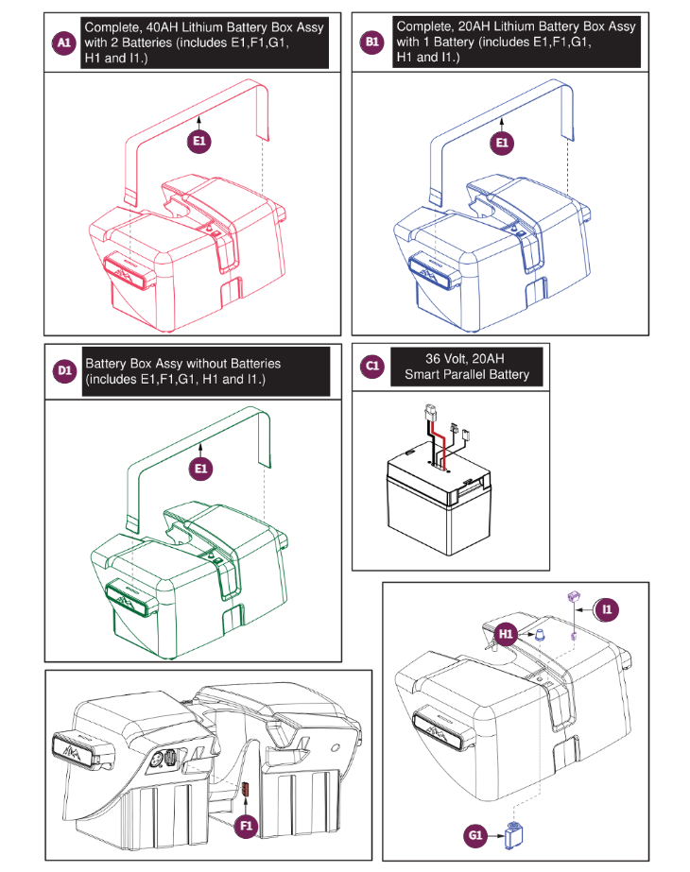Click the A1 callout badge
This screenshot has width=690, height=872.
[x=63, y=43]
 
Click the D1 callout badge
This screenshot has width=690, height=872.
[x=63, y=371]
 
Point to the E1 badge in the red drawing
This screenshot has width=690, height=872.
[x=199, y=142]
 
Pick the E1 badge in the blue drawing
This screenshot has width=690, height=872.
[x=503, y=142]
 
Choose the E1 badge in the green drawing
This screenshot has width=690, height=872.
[x=200, y=468]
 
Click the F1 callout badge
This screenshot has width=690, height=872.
[x=246, y=825]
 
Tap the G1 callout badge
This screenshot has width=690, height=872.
[x=475, y=835]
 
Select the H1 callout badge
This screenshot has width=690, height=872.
[x=507, y=634]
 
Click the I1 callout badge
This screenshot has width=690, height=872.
[x=607, y=610]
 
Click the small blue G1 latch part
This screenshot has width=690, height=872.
[x=515, y=835]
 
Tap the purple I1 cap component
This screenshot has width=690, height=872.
[x=572, y=597]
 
